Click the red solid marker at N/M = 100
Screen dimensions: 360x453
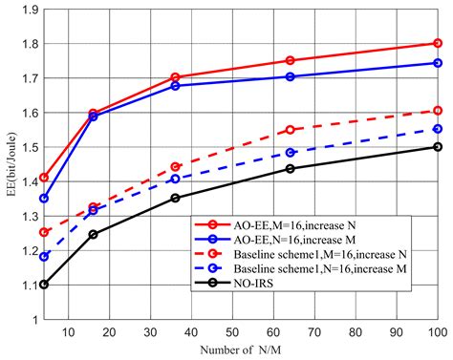(438, 43)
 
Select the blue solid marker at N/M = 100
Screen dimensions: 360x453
(438, 63)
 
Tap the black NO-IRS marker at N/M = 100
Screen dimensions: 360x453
(438, 146)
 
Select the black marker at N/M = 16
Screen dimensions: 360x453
(93, 234)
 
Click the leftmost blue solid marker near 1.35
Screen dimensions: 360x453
(44, 199)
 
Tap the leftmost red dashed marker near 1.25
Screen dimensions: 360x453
(44, 232)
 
